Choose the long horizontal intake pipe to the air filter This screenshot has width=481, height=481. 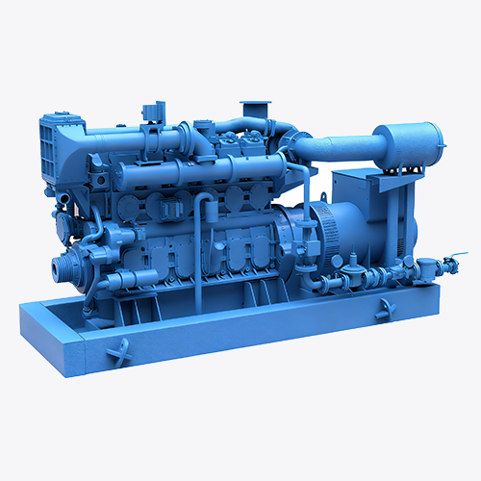pos(337,149)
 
